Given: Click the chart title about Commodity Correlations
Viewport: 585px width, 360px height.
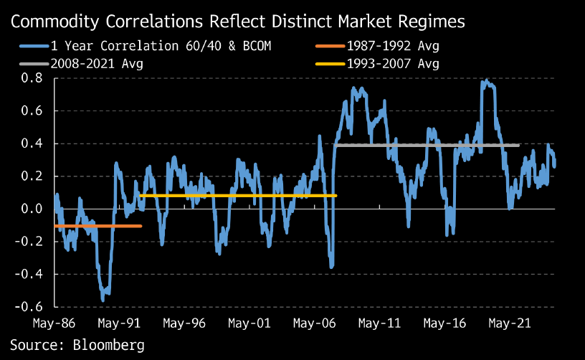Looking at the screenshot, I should pos(237,22).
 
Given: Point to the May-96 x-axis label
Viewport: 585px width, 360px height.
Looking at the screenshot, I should pos(185,323).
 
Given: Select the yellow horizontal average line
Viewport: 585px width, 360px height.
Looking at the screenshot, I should pos(237,195).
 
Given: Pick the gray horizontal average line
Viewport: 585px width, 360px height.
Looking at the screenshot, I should pos(430,146).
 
